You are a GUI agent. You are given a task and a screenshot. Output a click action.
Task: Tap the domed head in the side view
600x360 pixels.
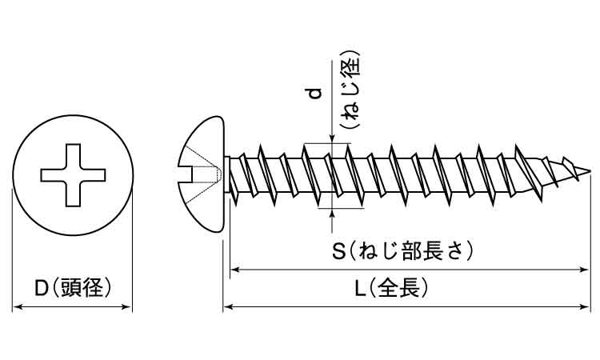pos(202,173)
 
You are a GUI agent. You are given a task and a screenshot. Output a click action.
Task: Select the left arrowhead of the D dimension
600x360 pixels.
pos(16,306)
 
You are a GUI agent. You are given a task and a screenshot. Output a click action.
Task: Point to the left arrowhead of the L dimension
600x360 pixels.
pos(227,306)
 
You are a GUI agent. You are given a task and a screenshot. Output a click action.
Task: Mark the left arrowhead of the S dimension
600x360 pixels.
pos(235,270)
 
